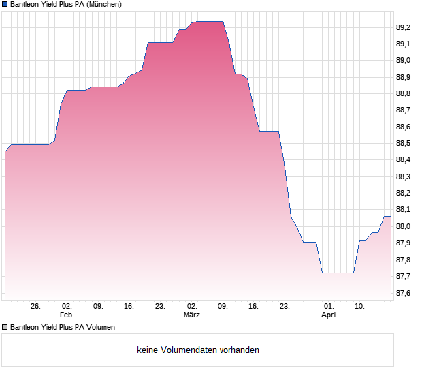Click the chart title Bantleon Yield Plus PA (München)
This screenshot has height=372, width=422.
click(x=66, y=4)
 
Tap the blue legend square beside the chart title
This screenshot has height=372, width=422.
click(x=5, y=4)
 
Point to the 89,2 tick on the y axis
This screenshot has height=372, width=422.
click(x=404, y=27)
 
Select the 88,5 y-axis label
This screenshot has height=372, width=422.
click(x=404, y=144)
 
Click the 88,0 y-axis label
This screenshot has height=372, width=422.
click(x=404, y=227)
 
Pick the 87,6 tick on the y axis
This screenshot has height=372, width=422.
click(x=404, y=294)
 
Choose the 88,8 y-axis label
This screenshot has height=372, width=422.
click(x=404, y=94)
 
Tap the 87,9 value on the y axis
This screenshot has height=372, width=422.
click(x=404, y=243)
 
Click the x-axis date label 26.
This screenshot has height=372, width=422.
click(x=36, y=306)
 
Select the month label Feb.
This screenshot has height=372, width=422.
click(x=67, y=315)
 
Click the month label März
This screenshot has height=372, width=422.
click(x=192, y=315)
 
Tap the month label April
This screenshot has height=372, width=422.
click(x=329, y=315)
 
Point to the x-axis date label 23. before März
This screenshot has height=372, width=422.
click(x=161, y=306)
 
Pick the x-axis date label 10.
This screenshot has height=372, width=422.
click(x=361, y=306)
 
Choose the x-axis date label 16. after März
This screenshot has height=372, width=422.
click(x=254, y=306)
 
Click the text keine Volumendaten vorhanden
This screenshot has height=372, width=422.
click(x=198, y=350)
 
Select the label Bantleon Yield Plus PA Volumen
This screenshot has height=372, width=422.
click(x=63, y=327)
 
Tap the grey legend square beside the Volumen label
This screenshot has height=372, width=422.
click(x=5, y=327)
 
